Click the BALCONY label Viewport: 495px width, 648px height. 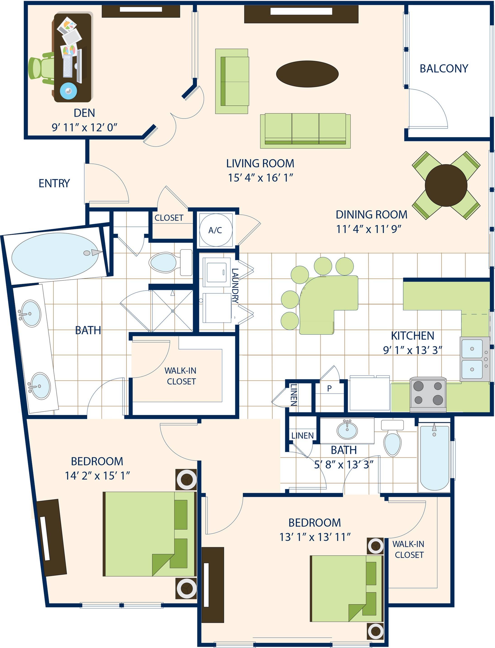pyautogui.click(x=444, y=68)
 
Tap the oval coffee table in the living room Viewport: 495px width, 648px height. pyautogui.click(x=307, y=74)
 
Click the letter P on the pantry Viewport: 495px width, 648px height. pyautogui.click(x=329, y=388)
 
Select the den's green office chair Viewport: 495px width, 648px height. pyautogui.click(x=41, y=67)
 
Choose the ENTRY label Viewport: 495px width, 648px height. pyautogui.click(x=54, y=183)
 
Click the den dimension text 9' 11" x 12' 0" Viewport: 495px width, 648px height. pyautogui.click(x=85, y=127)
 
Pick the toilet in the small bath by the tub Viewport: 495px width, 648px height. pyautogui.click(x=392, y=438)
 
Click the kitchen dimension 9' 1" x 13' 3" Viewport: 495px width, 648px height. pyautogui.click(x=412, y=350)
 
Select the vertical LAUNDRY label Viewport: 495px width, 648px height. pyautogui.click(x=235, y=286)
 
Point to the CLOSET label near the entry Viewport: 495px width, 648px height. pyautogui.click(x=169, y=218)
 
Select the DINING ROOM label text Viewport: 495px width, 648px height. pyautogui.click(x=372, y=214)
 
